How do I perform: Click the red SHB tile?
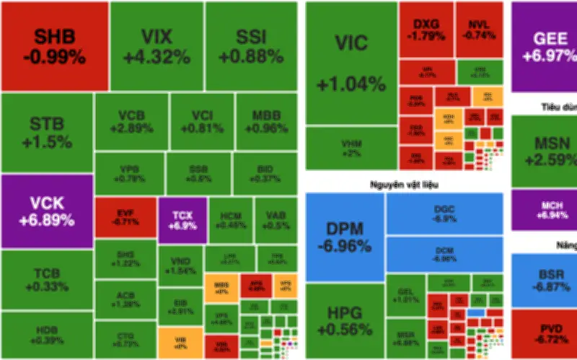pos(54,45)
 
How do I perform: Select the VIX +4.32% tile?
pos(157,45)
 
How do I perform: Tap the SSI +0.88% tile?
pos(250,45)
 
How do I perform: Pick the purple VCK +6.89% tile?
pos(47,211)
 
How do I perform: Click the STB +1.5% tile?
pos(47,133)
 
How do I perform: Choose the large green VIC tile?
pos(351,63)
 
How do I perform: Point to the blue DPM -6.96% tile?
pos(344,237)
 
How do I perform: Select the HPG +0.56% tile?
pos(344,321)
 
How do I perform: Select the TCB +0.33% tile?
pos(47,279)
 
